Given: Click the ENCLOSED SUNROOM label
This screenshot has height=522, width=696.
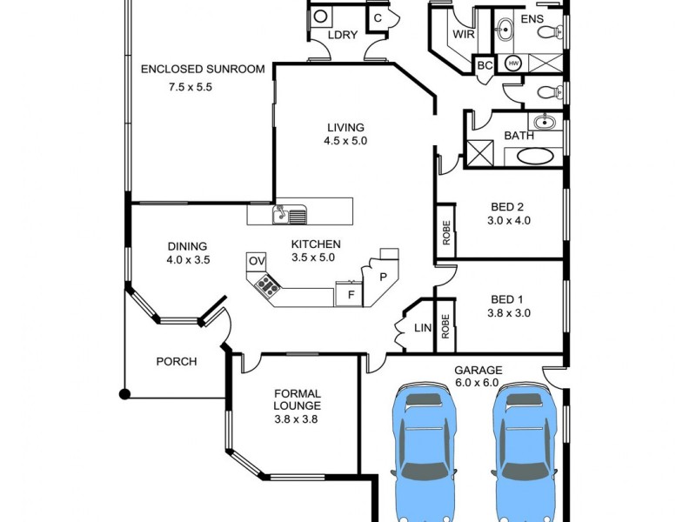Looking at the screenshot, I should pos(202,70).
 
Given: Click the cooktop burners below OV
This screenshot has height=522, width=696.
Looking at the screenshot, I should pos(266,284).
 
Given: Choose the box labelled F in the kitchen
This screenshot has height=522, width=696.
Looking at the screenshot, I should pos(350,295).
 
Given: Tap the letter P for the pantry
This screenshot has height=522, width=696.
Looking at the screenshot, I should pos(382,277).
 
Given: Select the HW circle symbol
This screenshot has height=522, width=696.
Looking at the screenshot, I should pos(513,64).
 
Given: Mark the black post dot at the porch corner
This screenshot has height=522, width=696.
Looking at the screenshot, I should pos(124,394).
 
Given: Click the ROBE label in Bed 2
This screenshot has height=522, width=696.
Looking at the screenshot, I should pos(445,231).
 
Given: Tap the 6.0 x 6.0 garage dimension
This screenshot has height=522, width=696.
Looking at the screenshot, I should pos(478,384).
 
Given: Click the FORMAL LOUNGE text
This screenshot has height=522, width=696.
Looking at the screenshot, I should pos(297,399).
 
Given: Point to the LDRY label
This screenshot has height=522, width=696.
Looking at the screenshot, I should pos(343,36).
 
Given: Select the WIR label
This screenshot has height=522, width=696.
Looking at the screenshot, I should pos(462,36).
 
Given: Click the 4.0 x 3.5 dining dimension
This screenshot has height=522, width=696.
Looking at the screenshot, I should pos(190,259).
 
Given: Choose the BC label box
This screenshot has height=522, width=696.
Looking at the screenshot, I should pos(485,65).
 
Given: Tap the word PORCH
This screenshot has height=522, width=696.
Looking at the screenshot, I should pos(176,362).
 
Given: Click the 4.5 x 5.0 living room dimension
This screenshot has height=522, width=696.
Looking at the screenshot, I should pos(345,141).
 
